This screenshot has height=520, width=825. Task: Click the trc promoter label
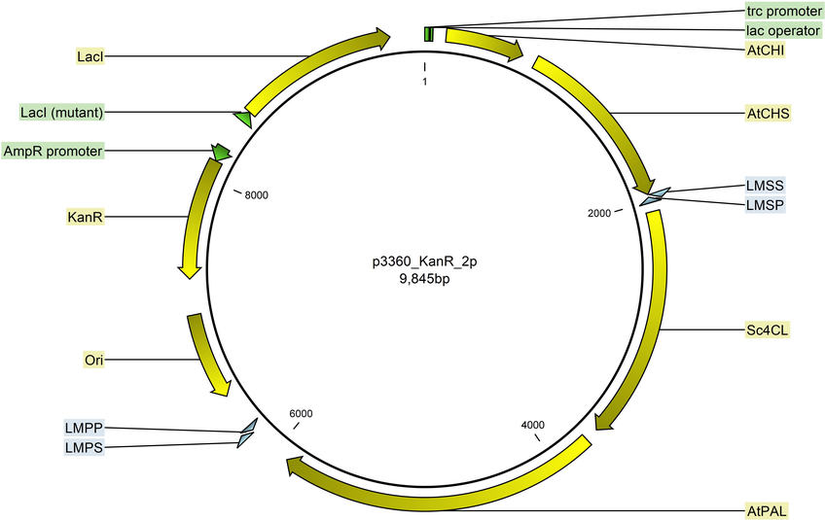tap(784, 11)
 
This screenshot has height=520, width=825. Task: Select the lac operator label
tap(783, 30)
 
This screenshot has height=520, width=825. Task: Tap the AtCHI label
tap(766, 50)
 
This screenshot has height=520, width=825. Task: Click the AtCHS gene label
tap(769, 113)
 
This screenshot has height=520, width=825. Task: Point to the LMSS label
tap(765, 185)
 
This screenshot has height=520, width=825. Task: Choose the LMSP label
tap(765, 204)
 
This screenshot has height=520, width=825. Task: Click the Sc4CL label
tap(768, 330)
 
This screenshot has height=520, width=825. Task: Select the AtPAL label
tap(768, 510)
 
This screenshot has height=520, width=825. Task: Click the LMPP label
tap(85, 428)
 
